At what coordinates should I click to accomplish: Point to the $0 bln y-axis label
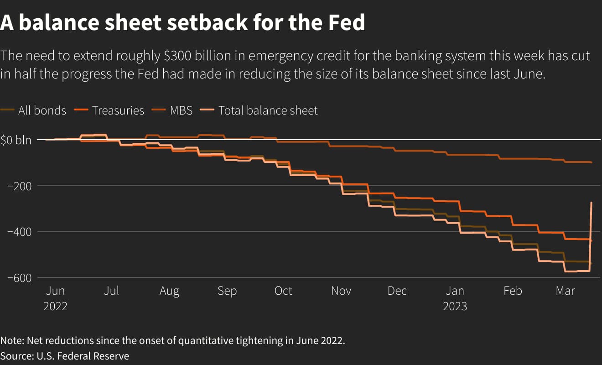coord(16,140)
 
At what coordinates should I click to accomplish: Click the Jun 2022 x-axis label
coord(55,298)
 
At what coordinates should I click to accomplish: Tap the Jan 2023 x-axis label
coord(455,298)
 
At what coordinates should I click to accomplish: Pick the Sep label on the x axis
coord(227,291)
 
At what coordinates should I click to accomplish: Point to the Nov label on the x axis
coord(341,291)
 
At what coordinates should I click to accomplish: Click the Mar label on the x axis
coord(566,291)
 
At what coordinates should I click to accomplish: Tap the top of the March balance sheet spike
coord(592,203)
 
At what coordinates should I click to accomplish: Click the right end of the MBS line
coord(592,162)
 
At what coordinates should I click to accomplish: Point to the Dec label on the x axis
coord(397,291)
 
